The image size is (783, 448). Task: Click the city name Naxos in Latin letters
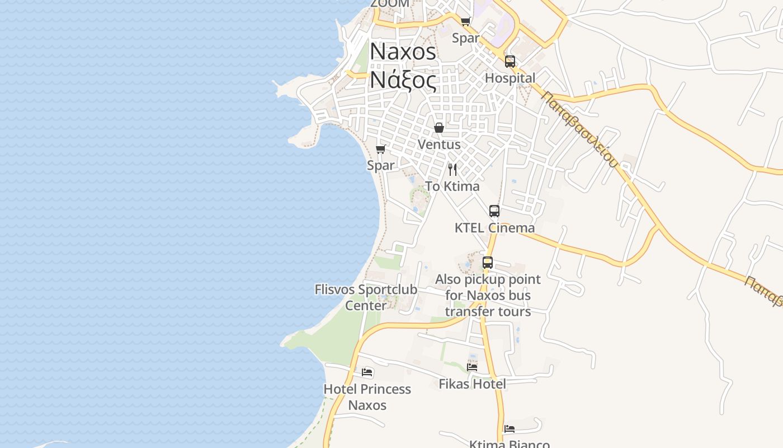[403, 52]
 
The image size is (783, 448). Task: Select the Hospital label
[510, 78]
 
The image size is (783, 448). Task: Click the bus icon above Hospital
[510, 62]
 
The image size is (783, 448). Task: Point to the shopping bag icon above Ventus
[439, 128]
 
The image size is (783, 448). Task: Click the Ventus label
[439, 144]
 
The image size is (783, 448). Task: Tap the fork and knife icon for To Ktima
[452, 169]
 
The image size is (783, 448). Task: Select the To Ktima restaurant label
[452, 186]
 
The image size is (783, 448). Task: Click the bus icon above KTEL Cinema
[494, 211]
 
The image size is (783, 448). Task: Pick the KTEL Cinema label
[494, 228]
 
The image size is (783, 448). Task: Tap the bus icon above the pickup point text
[487, 263]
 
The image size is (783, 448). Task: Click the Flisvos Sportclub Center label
[366, 297]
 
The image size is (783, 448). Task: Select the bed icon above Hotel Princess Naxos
[367, 372]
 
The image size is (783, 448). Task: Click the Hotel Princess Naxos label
[367, 397]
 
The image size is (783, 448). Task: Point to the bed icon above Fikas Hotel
[472, 367]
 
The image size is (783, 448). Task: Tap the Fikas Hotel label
[472, 384]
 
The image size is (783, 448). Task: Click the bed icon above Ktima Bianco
[509, 429]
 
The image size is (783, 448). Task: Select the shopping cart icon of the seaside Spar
[380, 149]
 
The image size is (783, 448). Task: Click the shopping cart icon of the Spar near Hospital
[465, 22]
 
